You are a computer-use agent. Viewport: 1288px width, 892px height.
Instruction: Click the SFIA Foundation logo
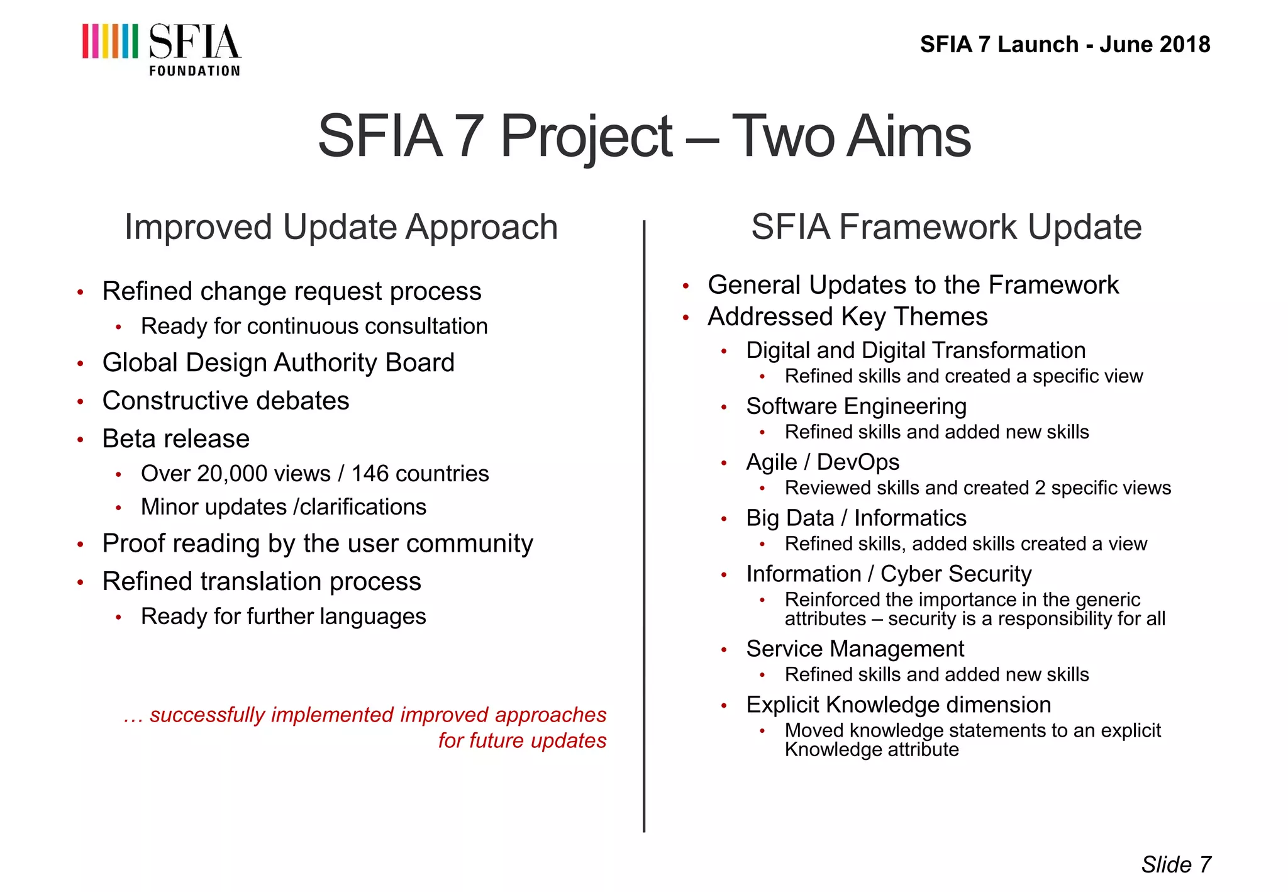coord(161,49)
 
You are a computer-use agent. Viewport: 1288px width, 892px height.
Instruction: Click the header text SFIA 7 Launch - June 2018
coord(1064,45)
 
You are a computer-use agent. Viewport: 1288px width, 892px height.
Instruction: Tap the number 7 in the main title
coord(469,136)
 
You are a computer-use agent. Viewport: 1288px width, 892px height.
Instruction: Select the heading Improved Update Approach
coord(341,227)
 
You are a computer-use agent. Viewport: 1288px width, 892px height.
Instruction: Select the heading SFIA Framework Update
coord(946,227)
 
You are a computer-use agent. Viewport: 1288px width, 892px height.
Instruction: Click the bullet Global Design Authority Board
coord(278,363)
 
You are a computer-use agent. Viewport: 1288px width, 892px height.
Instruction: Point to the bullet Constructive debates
coord(225,401)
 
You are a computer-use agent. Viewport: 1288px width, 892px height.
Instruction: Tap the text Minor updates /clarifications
coord(283,507)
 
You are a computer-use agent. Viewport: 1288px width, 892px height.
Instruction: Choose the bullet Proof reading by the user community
coord(318,544)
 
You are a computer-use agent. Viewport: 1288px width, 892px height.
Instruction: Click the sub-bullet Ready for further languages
coord(283,616)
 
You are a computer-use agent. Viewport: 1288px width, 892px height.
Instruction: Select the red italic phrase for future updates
coord(522,740)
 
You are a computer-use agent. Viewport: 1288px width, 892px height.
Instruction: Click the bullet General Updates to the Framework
coord(913,285)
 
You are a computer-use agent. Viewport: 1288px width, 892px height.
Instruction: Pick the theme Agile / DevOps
coord(822,462)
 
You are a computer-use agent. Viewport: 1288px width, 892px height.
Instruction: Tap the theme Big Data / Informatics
coord(856,518)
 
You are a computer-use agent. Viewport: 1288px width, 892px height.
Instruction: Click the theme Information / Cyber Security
coord(889,574)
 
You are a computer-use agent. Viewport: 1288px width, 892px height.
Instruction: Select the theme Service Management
coord(855,649)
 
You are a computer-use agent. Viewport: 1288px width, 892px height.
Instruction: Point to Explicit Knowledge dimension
coord(898,705)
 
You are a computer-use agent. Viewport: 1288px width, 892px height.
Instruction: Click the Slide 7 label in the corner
coord(1175,865)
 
